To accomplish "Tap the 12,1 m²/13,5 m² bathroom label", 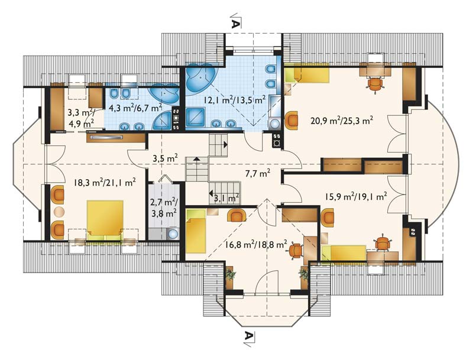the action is pyautogui.click(x=234, y=100).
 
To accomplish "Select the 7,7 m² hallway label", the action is pyautogui.click(x=257, y=173).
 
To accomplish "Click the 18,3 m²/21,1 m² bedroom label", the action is pyautogui.click(x=105, y=183).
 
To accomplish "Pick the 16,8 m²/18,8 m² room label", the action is pyautogui.click(x=256, y=244).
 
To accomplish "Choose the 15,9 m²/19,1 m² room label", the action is pyautogui.click(x=356, y=197).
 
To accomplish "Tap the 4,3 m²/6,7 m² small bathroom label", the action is pyautogui.click(x=135, y=108).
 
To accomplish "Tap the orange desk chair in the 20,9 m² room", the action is pyautogui.click(x=375, y=84).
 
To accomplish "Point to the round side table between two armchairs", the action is pyautogui.click(x=59, y=212).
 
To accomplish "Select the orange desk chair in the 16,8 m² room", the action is pyautogui.click(x=295, y=251).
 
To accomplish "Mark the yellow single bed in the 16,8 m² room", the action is pyautogui.click(x=196, y=232).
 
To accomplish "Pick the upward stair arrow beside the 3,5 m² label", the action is pyautogui.click(x=196, y=158).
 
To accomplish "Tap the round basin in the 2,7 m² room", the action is pyautogui.click(x=173, y=233).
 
